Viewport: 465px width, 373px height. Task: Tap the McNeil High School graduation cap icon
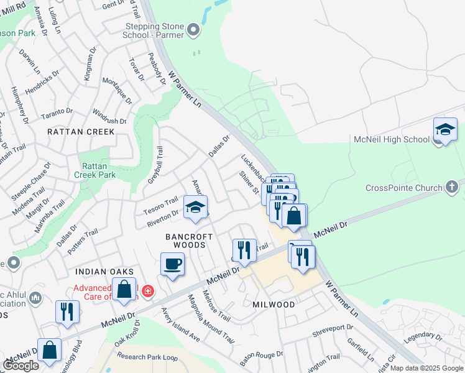[x=444, y=130]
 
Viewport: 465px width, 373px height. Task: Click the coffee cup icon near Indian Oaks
[x=172, y=264]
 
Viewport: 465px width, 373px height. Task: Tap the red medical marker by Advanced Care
[x=147, y=290]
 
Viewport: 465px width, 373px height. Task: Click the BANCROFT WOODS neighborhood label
[x=189, y=241]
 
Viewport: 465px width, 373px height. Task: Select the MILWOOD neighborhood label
[x=274, y=305]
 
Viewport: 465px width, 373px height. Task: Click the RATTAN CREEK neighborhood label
[x=81, y=132]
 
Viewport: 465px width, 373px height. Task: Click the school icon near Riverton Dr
[x=195, y=208]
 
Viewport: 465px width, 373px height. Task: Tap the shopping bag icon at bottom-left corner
[x=49, y=349]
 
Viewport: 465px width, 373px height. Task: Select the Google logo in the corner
[x=21, y=365]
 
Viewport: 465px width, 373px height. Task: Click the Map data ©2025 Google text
[x=426, y=368]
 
